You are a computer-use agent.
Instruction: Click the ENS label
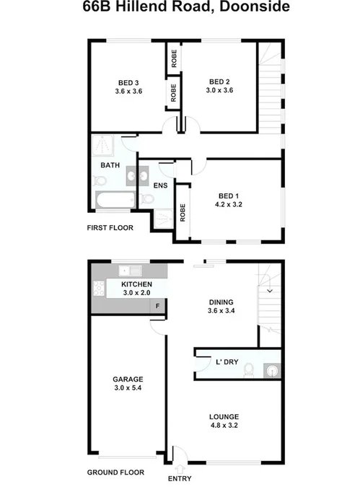160,184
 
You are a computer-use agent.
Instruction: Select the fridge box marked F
159,307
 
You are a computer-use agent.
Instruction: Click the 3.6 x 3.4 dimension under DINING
221,312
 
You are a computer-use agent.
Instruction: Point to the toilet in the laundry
248,369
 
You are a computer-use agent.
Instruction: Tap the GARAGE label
128,379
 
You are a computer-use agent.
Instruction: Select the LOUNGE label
224,416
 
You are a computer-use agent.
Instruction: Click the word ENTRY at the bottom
180,478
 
